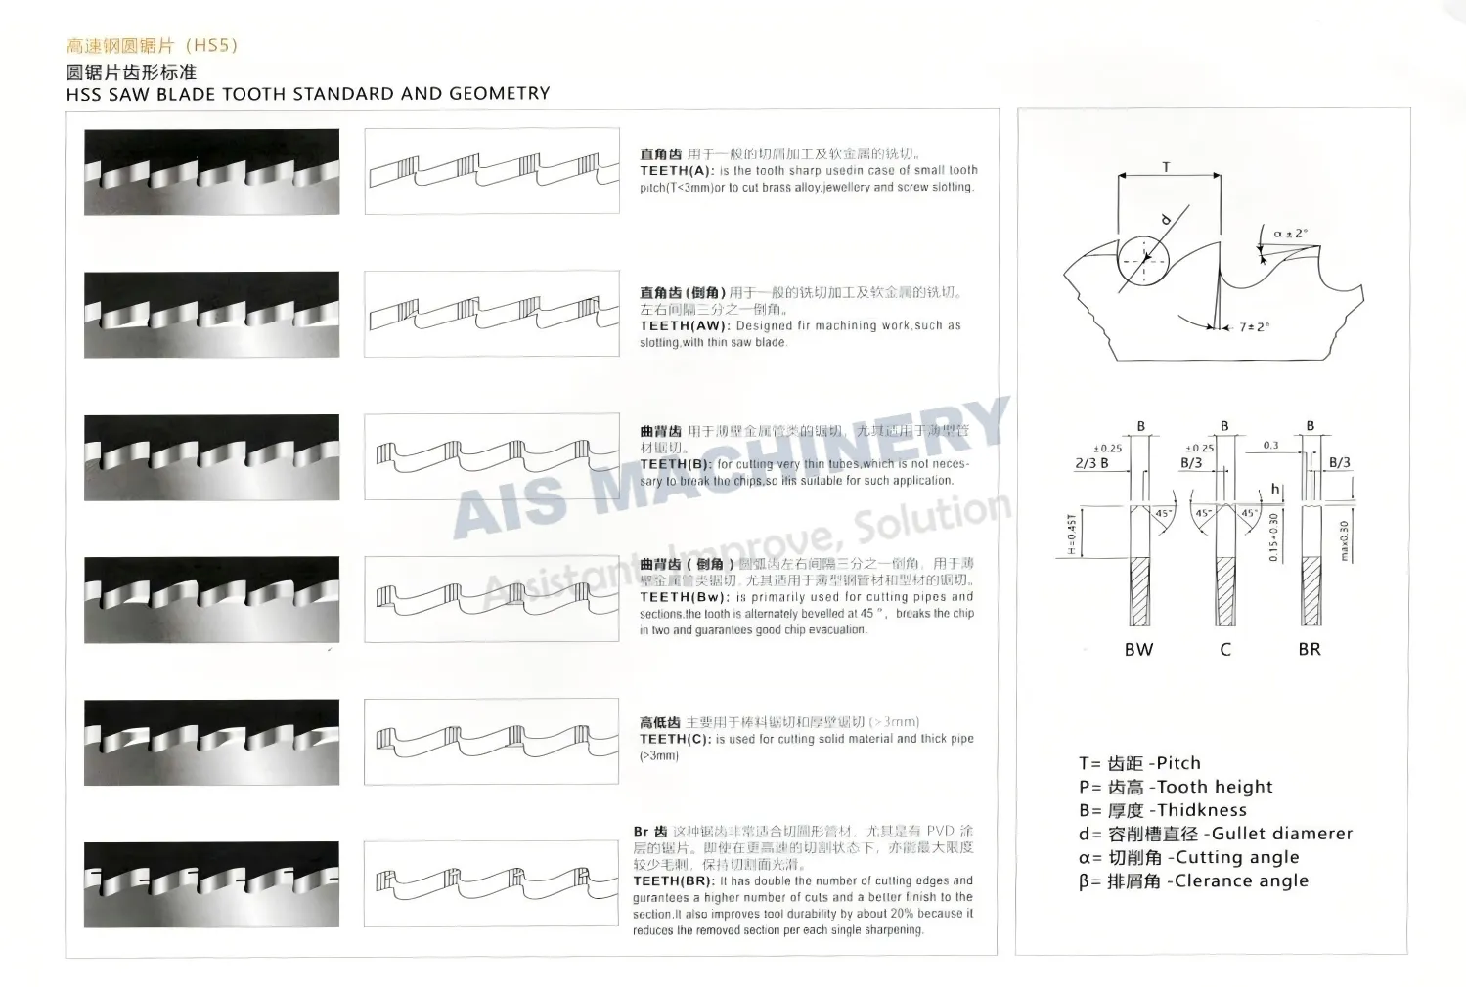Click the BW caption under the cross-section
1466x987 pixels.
[1138, 650]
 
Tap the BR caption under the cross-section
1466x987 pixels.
[1309, 650]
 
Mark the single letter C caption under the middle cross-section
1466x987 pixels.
[1224, 650]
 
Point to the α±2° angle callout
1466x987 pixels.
[1290, 235]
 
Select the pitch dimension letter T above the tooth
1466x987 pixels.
[1166, 168]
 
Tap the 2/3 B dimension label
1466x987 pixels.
[1091, 463]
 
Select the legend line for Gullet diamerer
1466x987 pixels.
[1216, 834]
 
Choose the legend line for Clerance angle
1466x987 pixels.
[1193, 880]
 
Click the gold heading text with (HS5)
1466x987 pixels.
[152, 45]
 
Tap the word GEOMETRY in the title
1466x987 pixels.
[499, 94]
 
